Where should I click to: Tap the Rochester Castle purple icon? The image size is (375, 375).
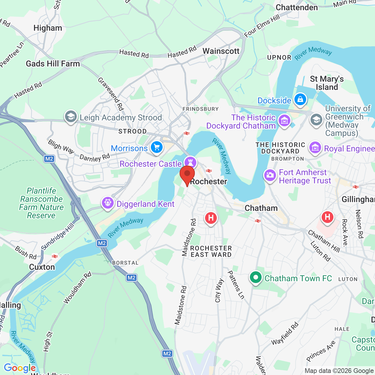pyautogui.click(x=190, y=162)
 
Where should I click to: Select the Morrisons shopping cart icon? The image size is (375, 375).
pyautogui.click(x=157, y=147)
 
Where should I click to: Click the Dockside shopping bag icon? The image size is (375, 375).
pyautogui.click(x=300, y=99)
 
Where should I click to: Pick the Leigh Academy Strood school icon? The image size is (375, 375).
pyautogui.click(x=71, y=117)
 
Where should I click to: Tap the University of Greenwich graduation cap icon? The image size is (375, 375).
pyautogui.click(x=316, y=120)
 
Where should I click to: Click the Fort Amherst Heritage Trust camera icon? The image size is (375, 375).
pyautogui.click(x=270, y=175)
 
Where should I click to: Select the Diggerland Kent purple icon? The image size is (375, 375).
pyautogui.click(x=108, y=203)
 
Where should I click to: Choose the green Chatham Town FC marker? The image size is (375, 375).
pyautogui.click(x=256, y=277)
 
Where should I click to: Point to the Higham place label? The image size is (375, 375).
pyautogui.click(x=48, y=28)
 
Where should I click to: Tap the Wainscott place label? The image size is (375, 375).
pyautogui.click(x=221, y=51)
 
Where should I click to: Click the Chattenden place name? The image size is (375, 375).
pyautogui.click(x=296, y=8)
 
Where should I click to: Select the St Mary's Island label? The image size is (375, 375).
pyautogui.click(x=327, y=83)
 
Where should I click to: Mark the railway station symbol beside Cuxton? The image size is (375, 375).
pyautogui.click(x=54, y=256)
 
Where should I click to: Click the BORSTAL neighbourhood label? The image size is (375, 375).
pyautogui.click(x=125, y=263)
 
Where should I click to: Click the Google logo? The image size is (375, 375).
pyautogui.click(x=20, y=368)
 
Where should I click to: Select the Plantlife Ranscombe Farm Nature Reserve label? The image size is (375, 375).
pyautogui.click(x=41, y=203)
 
